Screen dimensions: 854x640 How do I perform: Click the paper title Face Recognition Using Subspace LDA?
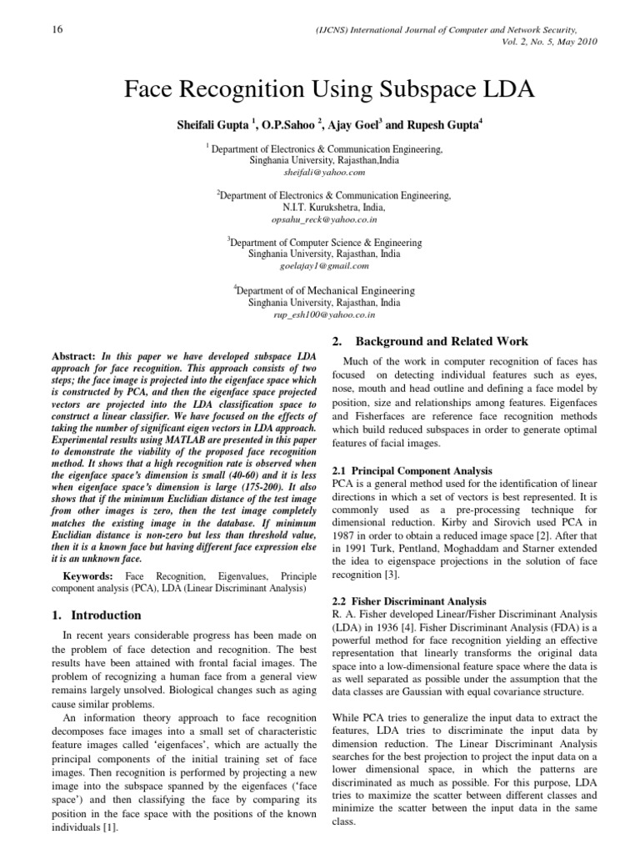[x=319, y=89]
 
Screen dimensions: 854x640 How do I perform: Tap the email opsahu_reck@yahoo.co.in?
[x=319, y=219]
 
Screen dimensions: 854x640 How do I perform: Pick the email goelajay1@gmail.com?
[x=319, y=266]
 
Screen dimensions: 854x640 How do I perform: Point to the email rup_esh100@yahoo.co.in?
[x=319, y=315]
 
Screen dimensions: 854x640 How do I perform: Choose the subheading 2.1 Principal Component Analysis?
[x=412, y=471]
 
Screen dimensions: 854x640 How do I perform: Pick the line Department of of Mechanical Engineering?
[x=324, y=291]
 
